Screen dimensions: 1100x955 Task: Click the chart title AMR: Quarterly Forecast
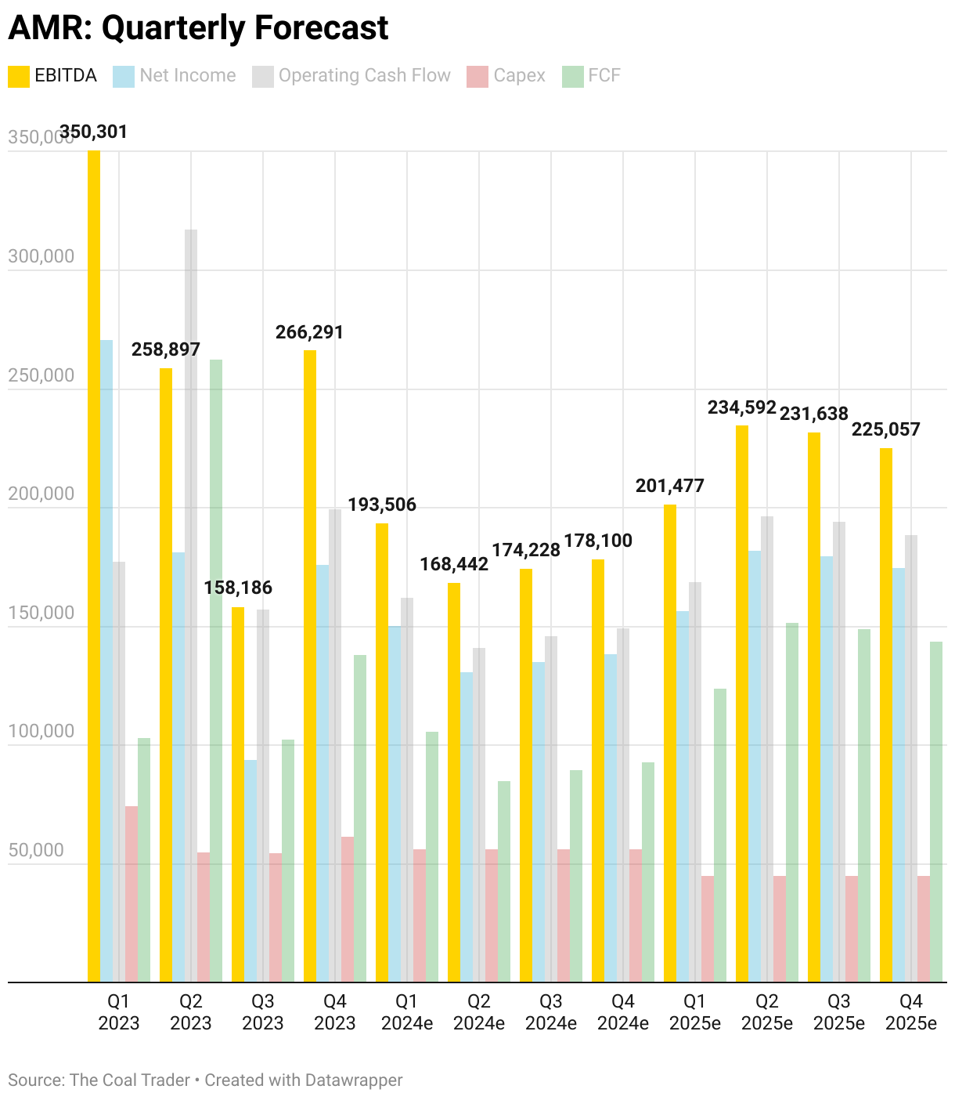[198, 29]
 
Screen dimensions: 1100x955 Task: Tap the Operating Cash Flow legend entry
[351, 76]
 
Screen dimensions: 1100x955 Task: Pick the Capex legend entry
[506, 76]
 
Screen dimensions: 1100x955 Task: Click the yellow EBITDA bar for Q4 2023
[310, 666]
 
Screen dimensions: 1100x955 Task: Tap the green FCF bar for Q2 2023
[216, 670]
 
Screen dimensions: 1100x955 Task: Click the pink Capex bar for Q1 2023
[132, 894]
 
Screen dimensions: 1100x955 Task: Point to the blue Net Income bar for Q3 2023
[250, 870]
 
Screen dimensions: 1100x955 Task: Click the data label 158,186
[238, 588]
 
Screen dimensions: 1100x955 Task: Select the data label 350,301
[93, 132]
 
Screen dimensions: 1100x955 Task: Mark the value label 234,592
[741, 407]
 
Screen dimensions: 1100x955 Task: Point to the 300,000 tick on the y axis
[41, 256]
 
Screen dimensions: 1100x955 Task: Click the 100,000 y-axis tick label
[41, 731]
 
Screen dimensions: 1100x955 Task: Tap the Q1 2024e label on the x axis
[407, 1011]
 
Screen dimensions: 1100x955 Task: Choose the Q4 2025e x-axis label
[911, 1011]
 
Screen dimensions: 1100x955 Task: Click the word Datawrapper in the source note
[354, 1080]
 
